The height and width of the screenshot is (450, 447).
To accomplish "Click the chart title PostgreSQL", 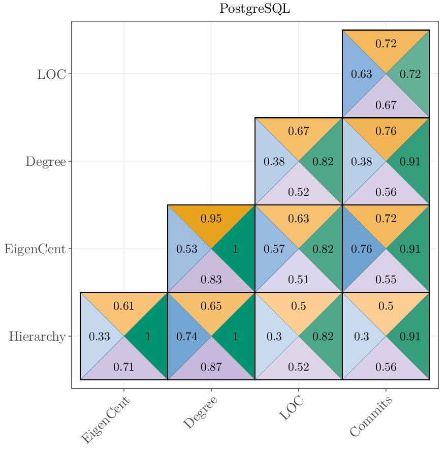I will (x=254, y=9).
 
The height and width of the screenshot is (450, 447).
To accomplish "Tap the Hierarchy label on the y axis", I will (x=37, y=336).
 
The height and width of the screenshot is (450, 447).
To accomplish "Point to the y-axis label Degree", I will (x=46, y=162).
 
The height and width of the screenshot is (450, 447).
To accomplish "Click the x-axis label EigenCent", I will (x=106, y=421).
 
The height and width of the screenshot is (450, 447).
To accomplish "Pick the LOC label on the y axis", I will (x=51, y=74).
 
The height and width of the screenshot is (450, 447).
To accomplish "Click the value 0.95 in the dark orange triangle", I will (x=211, y=219).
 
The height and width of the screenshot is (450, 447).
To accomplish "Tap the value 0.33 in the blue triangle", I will (x=99, y=337).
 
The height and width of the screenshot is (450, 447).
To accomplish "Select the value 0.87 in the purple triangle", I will (x=211, y=367).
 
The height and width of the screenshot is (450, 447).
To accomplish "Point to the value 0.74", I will (x=186, y=337).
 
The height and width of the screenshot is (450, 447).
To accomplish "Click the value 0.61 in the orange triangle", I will (x=123, y=306).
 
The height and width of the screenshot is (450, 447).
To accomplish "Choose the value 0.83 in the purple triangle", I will (x=211, y=279).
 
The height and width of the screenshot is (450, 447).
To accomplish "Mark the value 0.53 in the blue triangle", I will (x=186, y=249).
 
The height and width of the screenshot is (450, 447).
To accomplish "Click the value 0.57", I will (x=274, y=249).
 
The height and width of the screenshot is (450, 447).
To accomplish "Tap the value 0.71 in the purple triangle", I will (x=123, y=367).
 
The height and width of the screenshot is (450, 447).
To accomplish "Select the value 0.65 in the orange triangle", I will (x=211, y=306).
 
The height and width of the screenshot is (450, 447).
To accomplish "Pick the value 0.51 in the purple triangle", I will (x=298, y=279).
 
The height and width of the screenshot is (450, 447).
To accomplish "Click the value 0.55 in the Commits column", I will (x=386, y=279).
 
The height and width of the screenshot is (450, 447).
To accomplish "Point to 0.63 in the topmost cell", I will (x=362, y=74).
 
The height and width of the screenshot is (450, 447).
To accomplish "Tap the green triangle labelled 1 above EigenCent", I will (x=148, y=337).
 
